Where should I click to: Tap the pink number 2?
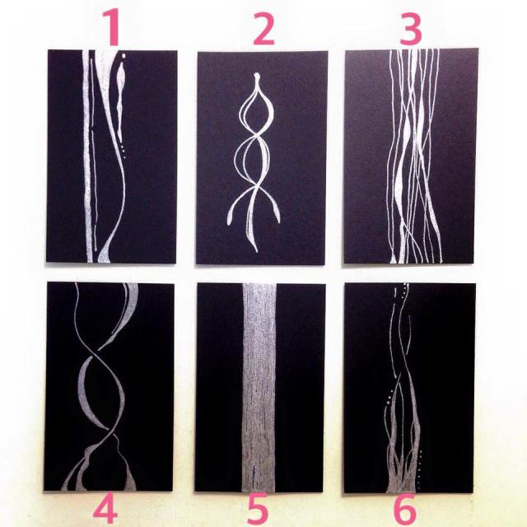point(264,29)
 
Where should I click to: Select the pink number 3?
point(411,30)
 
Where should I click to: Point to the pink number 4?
point(105,512)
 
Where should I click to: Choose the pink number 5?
point(258,510)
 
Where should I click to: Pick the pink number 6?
point(404,511)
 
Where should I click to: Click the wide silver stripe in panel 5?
point(259,388)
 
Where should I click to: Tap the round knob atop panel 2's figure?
point(257,76)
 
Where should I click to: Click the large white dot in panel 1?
point(124,55)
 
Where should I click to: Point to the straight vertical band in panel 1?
point(87,156)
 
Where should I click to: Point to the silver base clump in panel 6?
point(402,464)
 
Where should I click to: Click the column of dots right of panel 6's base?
point(419,469)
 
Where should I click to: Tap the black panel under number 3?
point(411,156)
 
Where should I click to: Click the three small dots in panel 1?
point(123,152)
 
